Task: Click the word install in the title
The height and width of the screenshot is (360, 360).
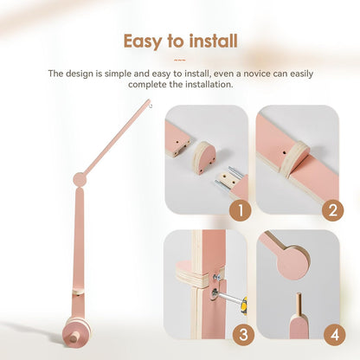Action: pyautogui.click(x=211, y=41)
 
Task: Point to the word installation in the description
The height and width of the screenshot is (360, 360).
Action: pyautogui.click(x=206, y=86)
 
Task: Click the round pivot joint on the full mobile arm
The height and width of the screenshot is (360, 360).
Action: pyautogui.click(x=80, y=180)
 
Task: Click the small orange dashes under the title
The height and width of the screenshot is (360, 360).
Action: pyautogui.click(x=180, y=60)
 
